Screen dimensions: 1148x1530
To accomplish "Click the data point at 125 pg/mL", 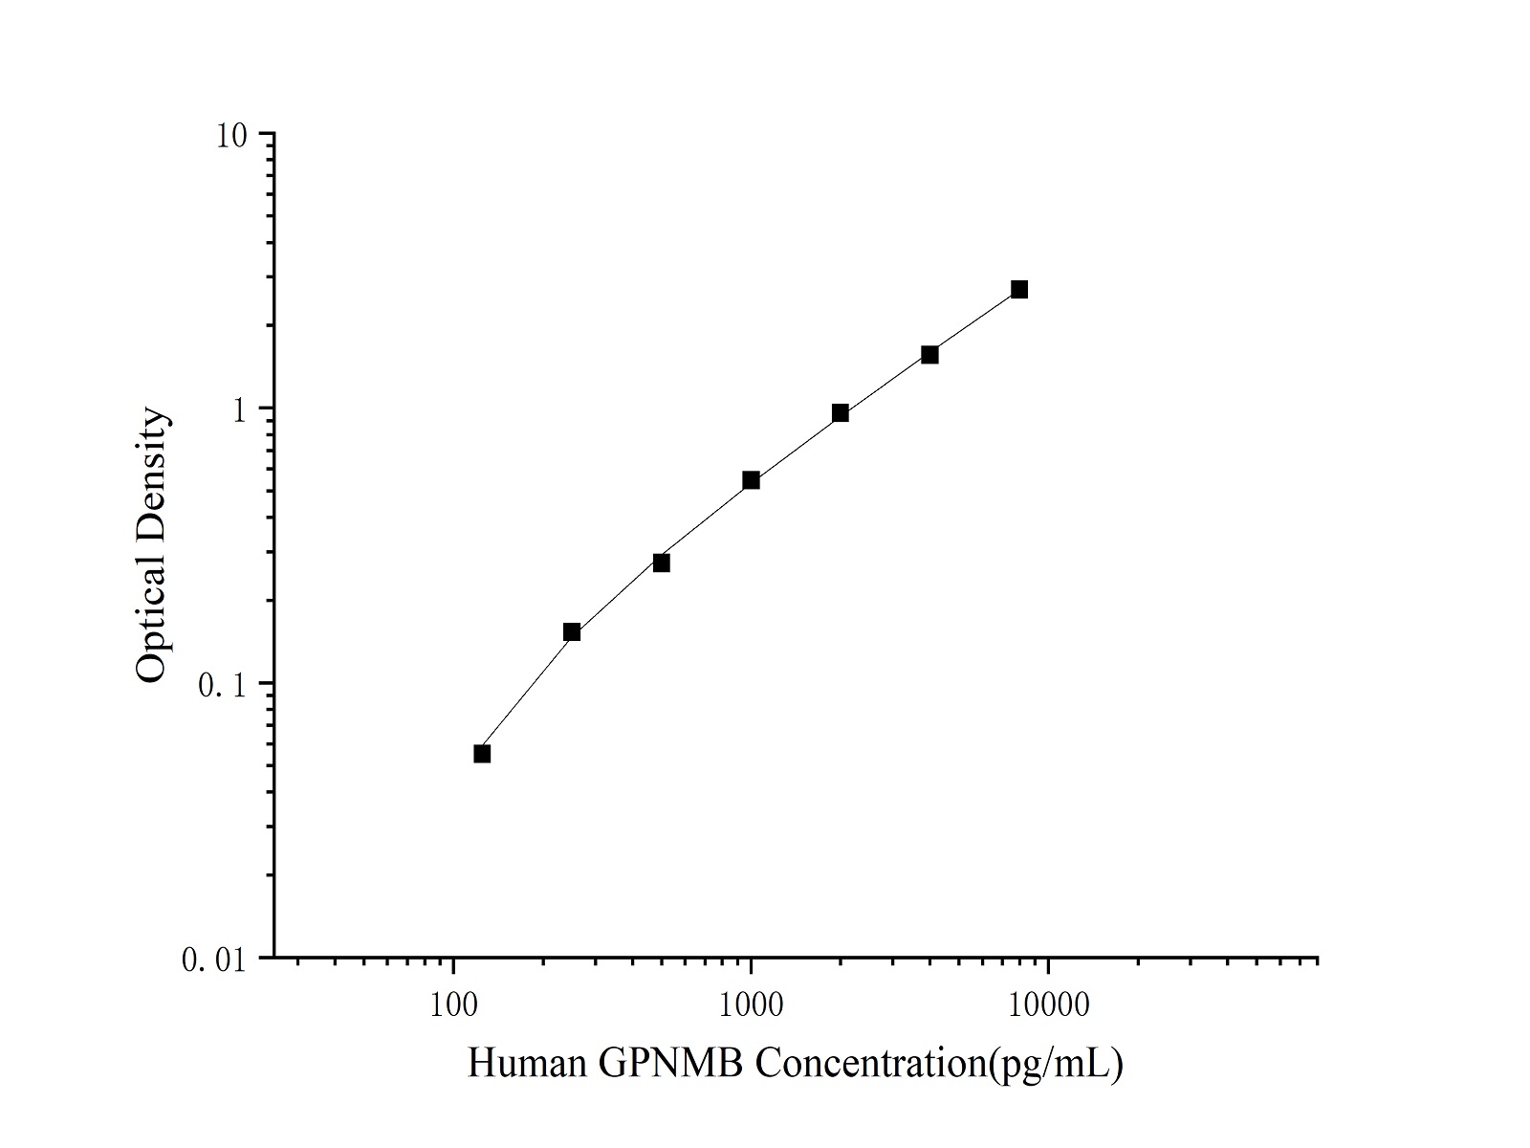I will point(482,754).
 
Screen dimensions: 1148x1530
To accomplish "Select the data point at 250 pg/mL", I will point(572,631).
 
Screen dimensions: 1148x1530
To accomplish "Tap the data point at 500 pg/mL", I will point(662,563).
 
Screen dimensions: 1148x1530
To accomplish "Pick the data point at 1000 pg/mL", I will point(752,480).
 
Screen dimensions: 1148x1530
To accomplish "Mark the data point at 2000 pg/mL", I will point(841,413).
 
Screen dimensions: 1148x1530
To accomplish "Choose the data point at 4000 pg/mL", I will point(929,355).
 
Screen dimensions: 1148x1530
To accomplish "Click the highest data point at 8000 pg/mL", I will point(1019,289).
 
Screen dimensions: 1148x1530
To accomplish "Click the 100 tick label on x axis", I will point(453,1005).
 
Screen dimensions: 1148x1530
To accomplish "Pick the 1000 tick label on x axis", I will point(751,1005).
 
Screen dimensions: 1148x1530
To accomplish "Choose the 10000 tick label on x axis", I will point(1048,1005).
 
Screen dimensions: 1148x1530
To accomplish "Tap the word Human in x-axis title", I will point(527,1064).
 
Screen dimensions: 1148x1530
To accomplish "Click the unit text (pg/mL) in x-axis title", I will point(1056,1065).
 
